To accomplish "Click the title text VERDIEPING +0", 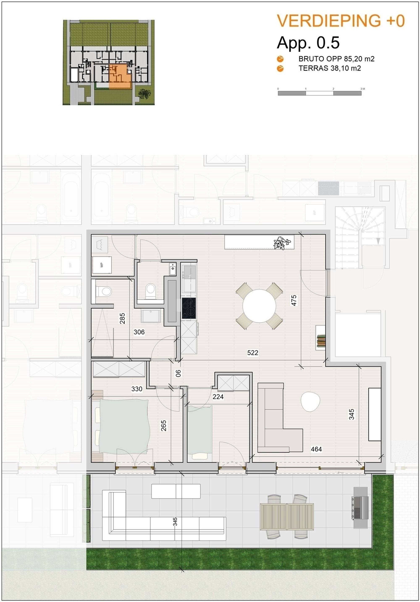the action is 341,21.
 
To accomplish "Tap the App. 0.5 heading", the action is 308,43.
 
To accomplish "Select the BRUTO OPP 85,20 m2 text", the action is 336,59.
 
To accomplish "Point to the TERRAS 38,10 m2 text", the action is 330,68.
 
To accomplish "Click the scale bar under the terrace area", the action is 320,93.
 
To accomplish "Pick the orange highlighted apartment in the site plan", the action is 120,76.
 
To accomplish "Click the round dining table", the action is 259,306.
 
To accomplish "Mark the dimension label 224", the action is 218,397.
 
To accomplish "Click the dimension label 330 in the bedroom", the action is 137,389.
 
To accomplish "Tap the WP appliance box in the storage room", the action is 102,265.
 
